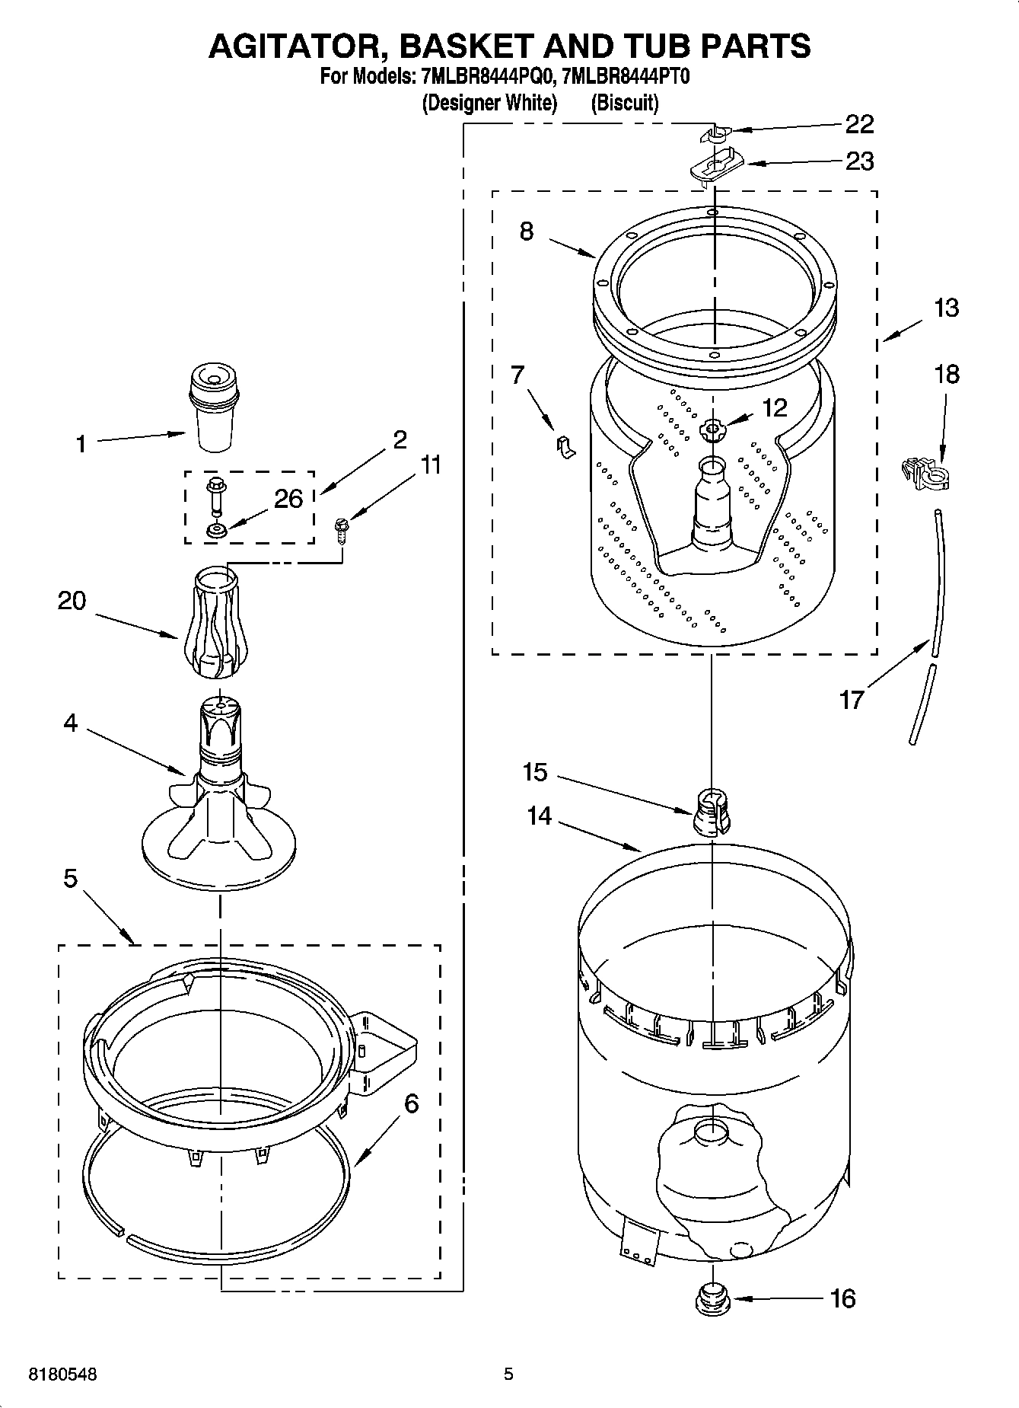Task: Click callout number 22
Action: (859, 124)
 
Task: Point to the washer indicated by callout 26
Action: (215, 529)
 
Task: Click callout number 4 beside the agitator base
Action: (70, 723)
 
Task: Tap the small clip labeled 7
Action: (565, 447)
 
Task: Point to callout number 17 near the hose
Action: (851, 698)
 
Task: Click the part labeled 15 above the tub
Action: (712, 813)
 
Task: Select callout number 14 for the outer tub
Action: (539, 816)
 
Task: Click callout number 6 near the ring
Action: (411, 1103)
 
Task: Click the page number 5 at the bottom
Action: (508, 1374)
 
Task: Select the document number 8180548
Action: (62, 1374)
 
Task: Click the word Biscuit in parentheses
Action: (624, 103)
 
